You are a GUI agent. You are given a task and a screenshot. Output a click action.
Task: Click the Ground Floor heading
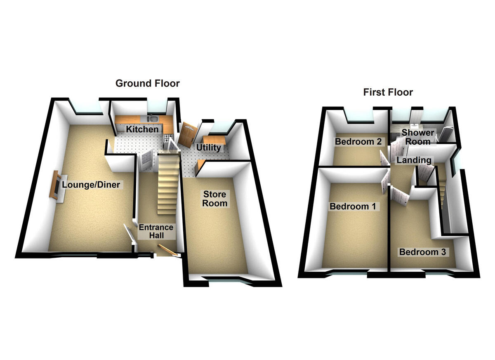(x=147, y=83)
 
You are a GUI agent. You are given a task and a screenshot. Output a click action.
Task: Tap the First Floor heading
(x=388, y=92)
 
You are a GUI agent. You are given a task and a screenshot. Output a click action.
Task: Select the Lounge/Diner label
(x=91, y=184)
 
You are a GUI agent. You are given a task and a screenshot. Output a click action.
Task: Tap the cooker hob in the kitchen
(x=168, y=138)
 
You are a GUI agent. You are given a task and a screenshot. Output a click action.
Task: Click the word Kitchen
(x=142, y=129)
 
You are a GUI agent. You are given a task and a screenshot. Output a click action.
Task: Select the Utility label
(x=208, y=148)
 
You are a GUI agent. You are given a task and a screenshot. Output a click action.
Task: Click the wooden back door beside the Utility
(x=188, y=134)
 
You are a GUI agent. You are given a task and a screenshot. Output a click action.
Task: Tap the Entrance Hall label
(x=156, y=231)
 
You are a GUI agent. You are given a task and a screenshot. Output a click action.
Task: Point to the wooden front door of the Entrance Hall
(x=167, y=250)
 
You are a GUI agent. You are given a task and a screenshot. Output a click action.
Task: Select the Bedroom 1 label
(x=352, y=206)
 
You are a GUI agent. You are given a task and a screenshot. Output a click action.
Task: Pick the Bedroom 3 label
(x=422, y=252)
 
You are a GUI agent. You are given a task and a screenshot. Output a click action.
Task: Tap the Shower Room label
(x=417, y=137)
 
